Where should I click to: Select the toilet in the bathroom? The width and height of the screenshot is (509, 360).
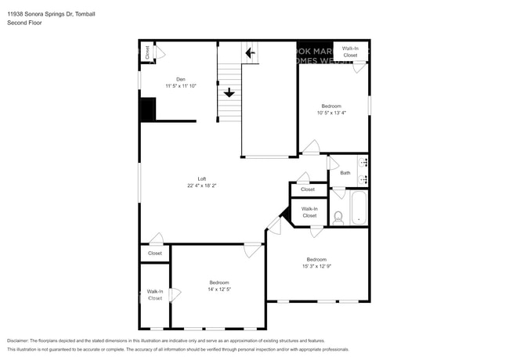pos(338,218)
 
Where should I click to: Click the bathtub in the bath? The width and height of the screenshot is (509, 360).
pos(359,208)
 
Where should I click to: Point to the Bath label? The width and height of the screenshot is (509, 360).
pos(345,173)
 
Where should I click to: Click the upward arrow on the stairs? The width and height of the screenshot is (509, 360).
pos(229,92)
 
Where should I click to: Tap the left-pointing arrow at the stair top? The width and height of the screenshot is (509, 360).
pos(250,53)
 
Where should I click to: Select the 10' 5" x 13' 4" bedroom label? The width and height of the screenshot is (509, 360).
pos(332,110)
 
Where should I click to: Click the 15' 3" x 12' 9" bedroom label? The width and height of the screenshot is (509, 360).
pos(316,263)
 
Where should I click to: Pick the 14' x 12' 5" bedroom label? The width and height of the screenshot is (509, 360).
pos(218,286)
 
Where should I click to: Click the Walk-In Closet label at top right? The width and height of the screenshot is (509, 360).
pos(350,52)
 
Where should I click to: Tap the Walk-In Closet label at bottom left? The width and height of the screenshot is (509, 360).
pos(155,295)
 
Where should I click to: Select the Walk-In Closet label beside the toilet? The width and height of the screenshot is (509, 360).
pos(309,212)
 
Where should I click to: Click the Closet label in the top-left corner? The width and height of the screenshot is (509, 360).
pos(146,53)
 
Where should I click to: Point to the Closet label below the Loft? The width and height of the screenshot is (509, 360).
pos(155,254)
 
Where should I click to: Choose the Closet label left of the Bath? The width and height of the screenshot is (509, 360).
pos(308,189)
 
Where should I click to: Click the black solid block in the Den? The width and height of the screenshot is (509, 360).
pos(147,109)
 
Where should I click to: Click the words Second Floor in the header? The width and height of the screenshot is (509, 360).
pos(25,23)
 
